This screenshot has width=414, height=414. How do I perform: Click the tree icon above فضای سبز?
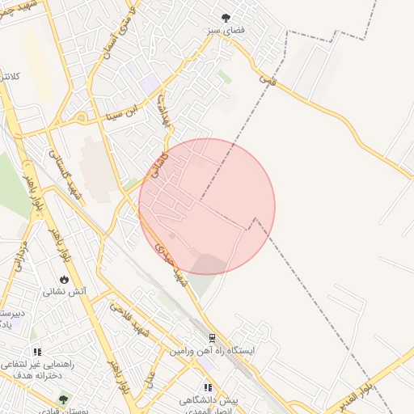(x=225, y=16)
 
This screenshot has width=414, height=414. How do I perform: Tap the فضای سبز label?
(x=225, y=29)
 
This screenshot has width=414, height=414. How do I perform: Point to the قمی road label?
(x=268, y=79)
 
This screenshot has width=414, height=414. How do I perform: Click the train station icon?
(x=212, y=338)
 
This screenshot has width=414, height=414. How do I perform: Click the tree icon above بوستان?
(x=65, y=399)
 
